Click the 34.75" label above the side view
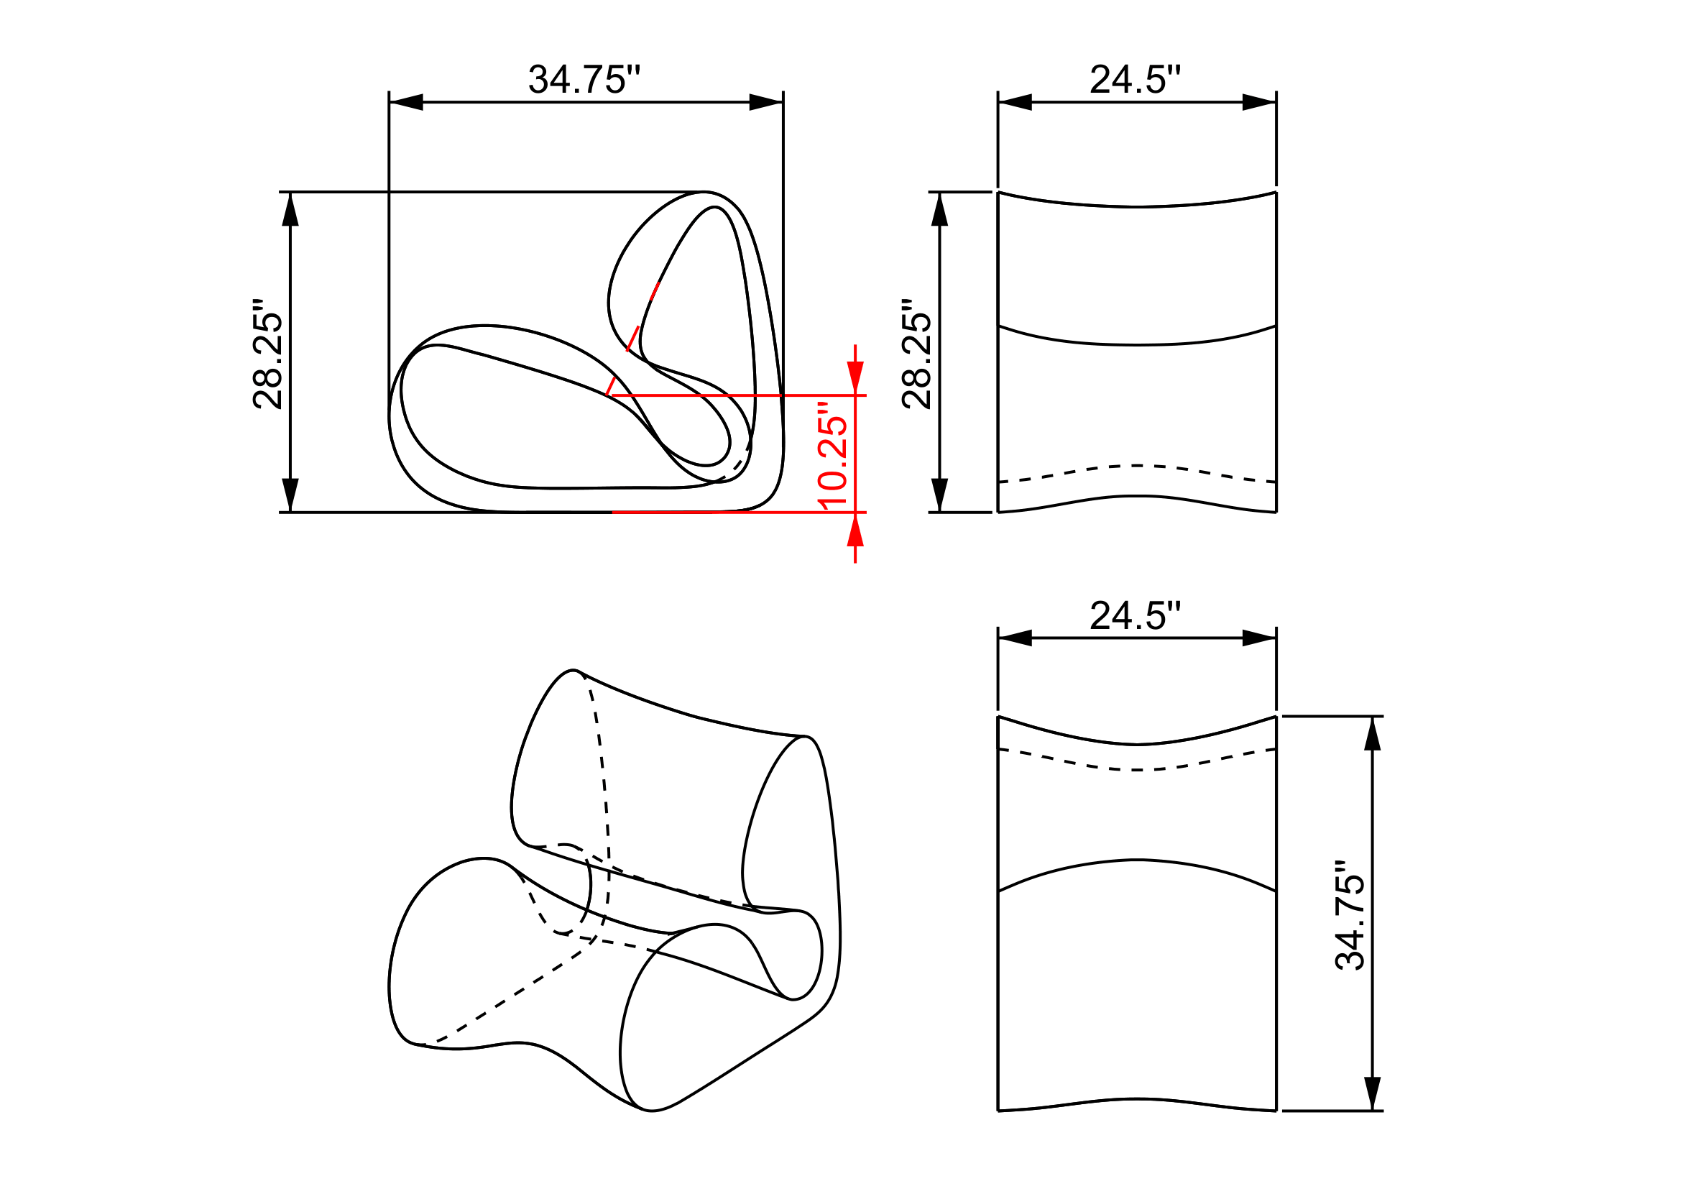[x=584, y=80]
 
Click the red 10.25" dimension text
[x=833, y=454]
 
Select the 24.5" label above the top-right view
[x=1136, y=80]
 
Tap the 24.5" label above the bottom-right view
[x=1136, y=616]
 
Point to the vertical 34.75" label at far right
[x=1350, y=916]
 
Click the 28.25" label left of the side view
[x=268, y=354]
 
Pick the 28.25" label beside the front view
[x=917, y=354]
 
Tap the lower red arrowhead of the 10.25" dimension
[x=855, y=530]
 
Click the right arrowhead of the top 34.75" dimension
[x=766, y=103]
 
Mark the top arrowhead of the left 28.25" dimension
[x=290, y=209]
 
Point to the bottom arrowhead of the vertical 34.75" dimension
[x=1373, y=1093]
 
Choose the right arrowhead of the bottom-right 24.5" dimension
[x=1258, y=638]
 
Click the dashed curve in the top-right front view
[x=1136, y=466]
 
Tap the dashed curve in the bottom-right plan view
[x=1136, y=770]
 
